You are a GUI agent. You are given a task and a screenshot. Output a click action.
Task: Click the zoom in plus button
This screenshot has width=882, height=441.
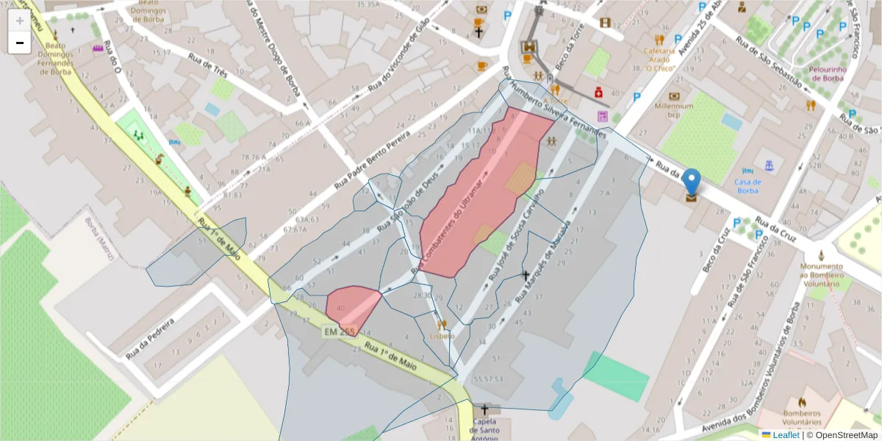pyautogui.click(x=19, y=21)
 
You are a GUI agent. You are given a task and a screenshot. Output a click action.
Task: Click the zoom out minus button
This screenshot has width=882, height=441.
pyautogui.click(x=19, y=43)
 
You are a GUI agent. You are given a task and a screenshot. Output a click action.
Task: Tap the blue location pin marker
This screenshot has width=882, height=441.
pyautogui.click(x=692, y=182)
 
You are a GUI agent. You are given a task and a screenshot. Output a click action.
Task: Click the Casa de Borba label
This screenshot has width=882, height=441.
pyautogui.click(x=747, y=186)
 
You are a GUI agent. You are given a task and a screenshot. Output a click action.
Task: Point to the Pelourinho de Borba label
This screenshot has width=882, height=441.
pyautogui.click(x=828, y=74)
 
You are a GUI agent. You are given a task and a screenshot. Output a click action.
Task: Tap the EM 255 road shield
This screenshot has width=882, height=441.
pyautogui.click(x=338, y=332)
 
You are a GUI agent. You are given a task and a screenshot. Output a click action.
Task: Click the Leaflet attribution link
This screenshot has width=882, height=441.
pyautogui.click(x=786, y=435)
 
